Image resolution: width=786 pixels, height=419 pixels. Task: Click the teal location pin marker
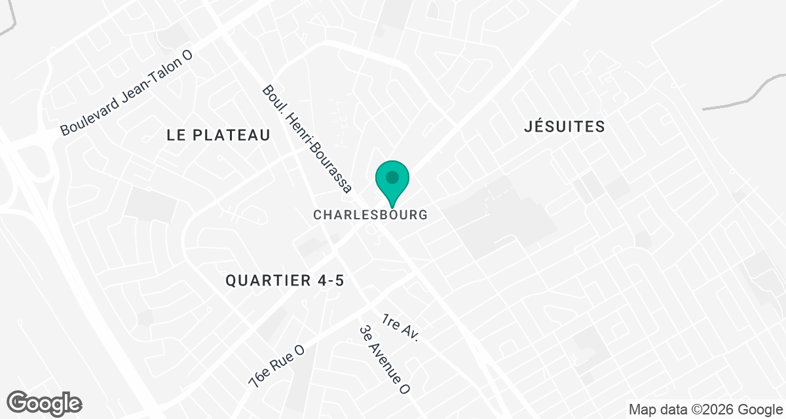click(x=392, y=181)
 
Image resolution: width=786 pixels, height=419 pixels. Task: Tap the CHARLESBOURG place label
click(x=370, y=215)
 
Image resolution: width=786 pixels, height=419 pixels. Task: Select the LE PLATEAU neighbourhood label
click(x=218, y=136)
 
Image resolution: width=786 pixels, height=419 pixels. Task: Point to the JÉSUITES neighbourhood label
click(x=564, y=127)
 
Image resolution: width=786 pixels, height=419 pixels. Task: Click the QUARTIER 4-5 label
click(x=285, y=281)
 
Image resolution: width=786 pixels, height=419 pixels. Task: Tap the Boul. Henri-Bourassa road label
click(x=307, y=139)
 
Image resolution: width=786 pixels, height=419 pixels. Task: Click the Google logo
click(x=45, y=402)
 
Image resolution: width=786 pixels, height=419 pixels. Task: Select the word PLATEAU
click(x=236, y=136)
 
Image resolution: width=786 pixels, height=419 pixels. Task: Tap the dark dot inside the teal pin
click(x=392, y=177)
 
